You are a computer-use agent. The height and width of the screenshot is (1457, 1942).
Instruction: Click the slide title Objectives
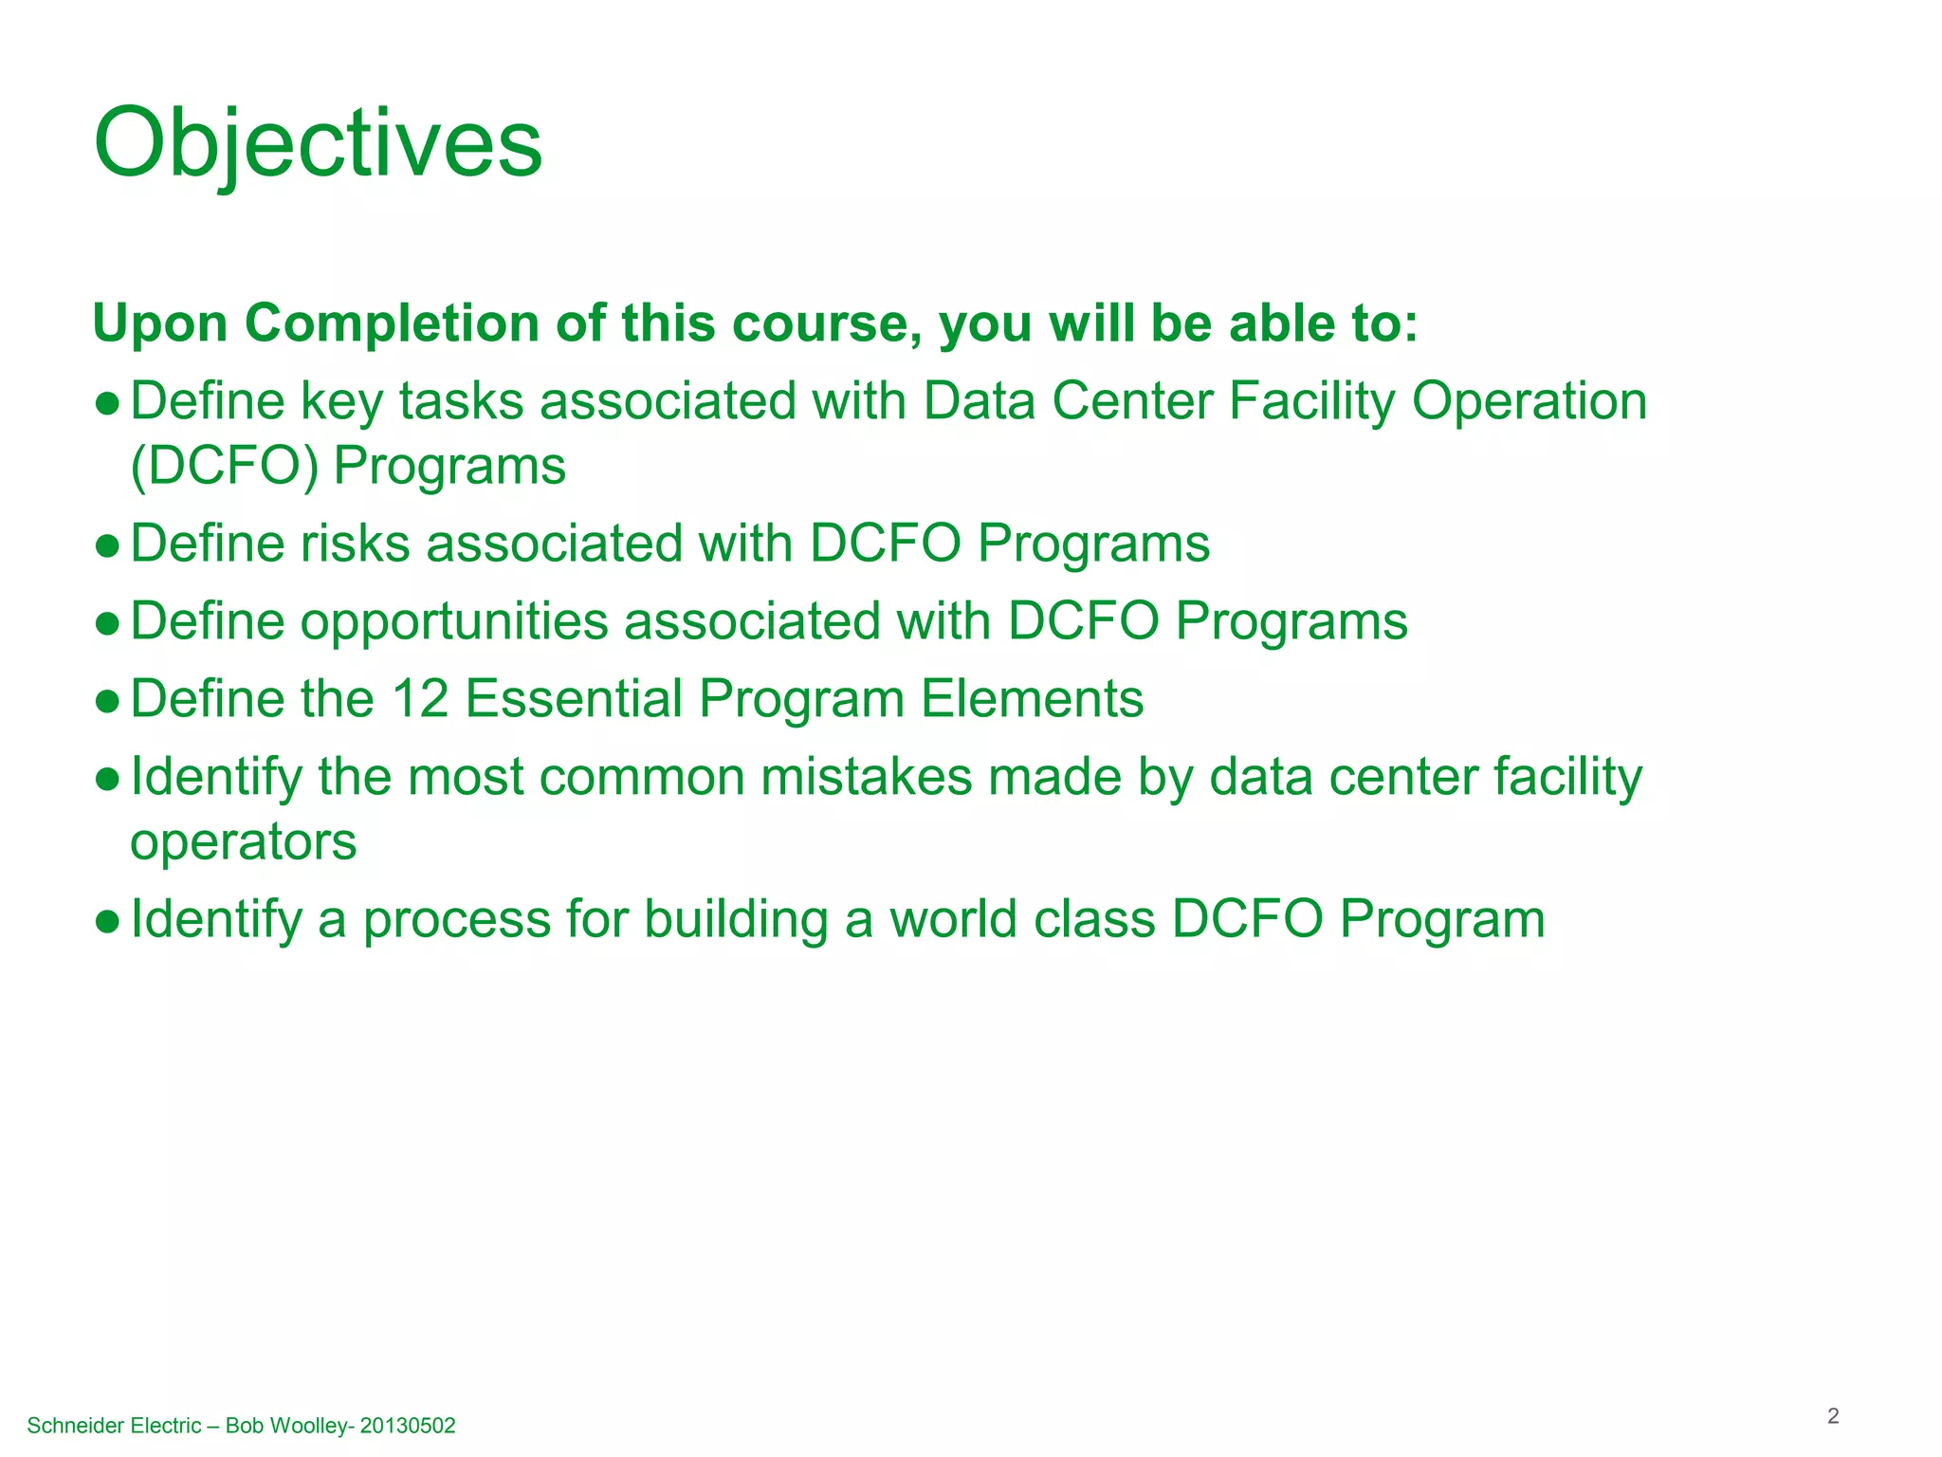point(318,144)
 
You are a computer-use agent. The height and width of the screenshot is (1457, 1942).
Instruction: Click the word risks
point(356,544)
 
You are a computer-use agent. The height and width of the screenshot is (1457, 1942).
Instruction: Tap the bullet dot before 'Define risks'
point(108,546)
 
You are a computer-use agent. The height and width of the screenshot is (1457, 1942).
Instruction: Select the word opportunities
point(454,623)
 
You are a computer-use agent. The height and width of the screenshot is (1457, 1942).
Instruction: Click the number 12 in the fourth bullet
point(419,699)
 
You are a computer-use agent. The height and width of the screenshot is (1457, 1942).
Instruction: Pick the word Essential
point(574,699)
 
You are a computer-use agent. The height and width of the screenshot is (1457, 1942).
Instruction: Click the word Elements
point(1032,699)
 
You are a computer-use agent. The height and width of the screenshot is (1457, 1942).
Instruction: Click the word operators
point(244,842)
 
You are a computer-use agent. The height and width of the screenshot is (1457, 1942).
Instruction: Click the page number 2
point(1833,1416)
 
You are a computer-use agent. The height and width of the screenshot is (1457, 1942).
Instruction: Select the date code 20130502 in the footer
point(408,1426)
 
